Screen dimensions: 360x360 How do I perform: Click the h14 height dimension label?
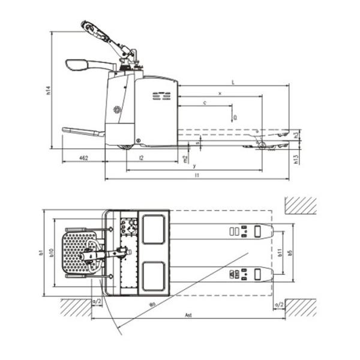pyautogui.click(x=48, y=91)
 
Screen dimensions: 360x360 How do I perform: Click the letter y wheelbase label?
pyautogui.click(x=195, y=166)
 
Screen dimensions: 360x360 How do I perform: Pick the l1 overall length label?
pyautogui.click(x=197, y=175)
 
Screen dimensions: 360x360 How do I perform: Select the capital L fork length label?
pyautogui.click(x=232, y=82)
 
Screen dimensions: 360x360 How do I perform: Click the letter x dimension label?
pyautogui.click(x=220, y=94)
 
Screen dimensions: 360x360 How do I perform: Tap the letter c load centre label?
pyautogui.click(x=206, y=103)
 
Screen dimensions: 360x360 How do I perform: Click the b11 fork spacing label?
pyautogui.click(x=280, y=253)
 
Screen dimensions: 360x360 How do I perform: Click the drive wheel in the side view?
pyautogui.click(x=127, y=145)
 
